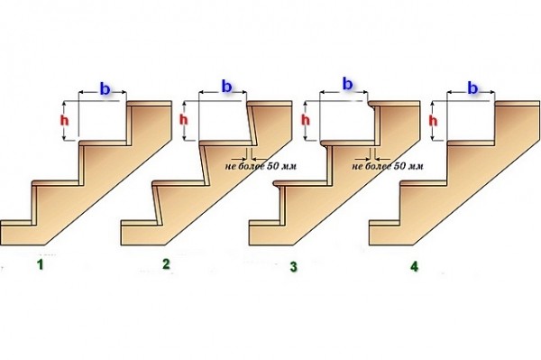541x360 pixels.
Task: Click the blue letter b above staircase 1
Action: [x=105, y=88]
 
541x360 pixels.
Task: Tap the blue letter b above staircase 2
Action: [x=226, y=87]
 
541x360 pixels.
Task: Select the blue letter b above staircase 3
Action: [x=347, y=84]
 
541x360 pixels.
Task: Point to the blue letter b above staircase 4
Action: [x=472, y=88]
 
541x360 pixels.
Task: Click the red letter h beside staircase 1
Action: [x=64, y=121]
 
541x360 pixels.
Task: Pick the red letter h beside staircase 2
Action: [x=184, y=120]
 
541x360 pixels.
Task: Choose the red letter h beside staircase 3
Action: [x=306, y=120]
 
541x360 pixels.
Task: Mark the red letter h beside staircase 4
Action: [x=433, y=121]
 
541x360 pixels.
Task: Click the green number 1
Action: [x=41, y=265]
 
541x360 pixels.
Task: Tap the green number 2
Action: [x=166, y=264]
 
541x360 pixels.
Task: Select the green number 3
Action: [x=293, y=267]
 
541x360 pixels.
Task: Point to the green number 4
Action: [x=414, y=266]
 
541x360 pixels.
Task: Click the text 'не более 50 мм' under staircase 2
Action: [x=261, y=166]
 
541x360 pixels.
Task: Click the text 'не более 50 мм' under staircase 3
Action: [x=388, y=166]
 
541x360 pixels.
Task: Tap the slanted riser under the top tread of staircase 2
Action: [x=252, y=125]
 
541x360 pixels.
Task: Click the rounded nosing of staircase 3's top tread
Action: [x=370, y=103]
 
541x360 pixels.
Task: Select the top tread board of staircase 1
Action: [x=149, y=104]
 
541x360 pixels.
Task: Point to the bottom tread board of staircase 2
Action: [x=140, y=223]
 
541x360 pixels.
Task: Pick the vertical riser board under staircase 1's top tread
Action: [x=130, y=125]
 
